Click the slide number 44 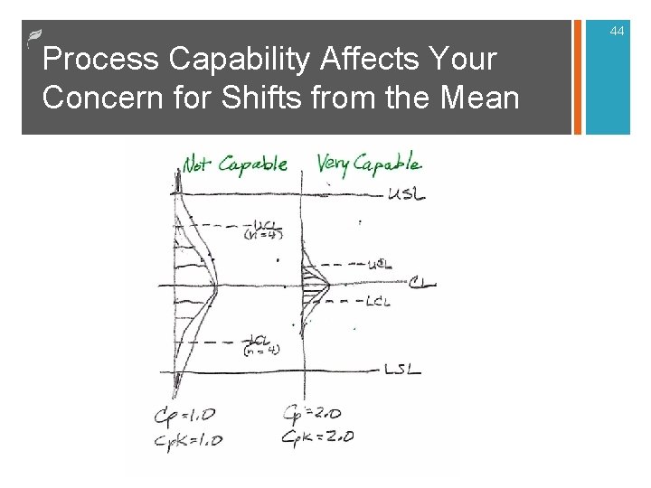tap(617, 32)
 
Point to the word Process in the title tap(99, 60)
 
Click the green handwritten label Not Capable tap(234, 165)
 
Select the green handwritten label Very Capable tap(368, 164)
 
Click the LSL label tap(403, 370)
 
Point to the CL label tap(420, 284)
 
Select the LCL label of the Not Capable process tap(262, 342)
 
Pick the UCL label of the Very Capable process tap(380, 264)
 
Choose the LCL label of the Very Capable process tap(378, 301)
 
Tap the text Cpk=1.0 tap(189, 440)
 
